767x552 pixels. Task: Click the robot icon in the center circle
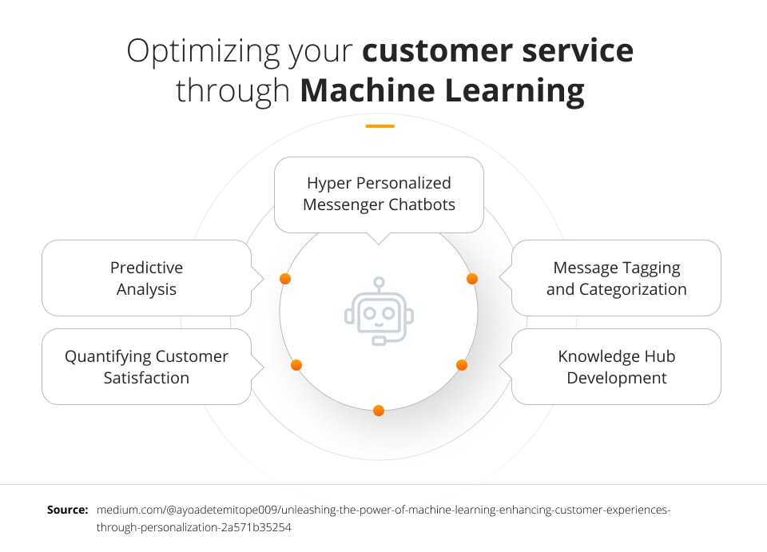379,312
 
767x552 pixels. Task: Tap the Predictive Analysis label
146,278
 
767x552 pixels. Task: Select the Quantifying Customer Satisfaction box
146,367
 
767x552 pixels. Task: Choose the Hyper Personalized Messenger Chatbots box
379,194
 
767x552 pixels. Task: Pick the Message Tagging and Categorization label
616,278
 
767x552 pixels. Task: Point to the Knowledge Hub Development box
616,367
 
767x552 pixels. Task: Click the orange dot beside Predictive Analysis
285,279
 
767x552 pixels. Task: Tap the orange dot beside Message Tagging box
472,279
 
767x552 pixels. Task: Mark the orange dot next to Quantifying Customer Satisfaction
296,365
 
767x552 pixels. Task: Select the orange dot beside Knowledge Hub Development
462,365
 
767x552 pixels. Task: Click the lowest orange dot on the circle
379,411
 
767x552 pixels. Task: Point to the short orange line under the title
380,126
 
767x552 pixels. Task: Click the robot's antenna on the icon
379,284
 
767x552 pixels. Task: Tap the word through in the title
232,91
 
